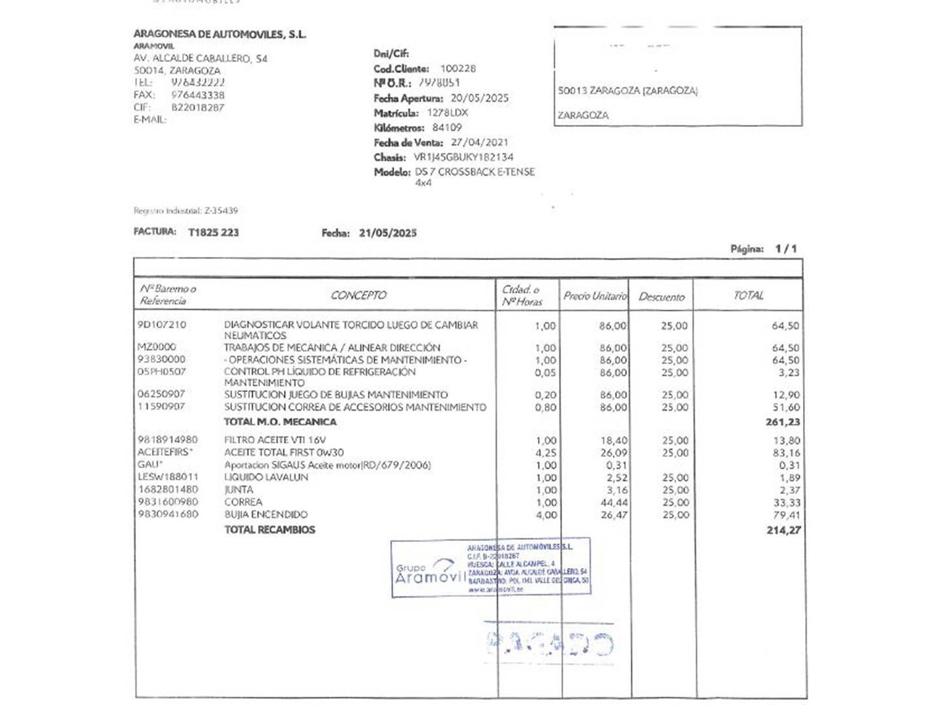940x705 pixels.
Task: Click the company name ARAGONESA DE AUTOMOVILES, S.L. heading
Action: tap(219, 35)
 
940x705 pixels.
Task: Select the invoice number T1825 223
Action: tap(213, 232)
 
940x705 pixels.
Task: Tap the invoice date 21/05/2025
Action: tap(388, 233)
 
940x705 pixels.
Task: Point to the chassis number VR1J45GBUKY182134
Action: tap(463, 157)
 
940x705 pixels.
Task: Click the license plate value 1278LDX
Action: tap(447, 113)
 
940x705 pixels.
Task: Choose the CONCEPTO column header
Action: tap(358, 295)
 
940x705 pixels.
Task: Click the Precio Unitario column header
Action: tap(595, 296)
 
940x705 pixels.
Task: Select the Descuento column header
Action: tap(661, 297)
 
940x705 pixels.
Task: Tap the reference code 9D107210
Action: tap(161, 324)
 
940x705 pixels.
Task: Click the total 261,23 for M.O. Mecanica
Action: tap(783, 422)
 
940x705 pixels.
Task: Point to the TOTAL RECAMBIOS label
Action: tap(270, 530)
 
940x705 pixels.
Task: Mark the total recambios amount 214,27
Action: tap(783, 531)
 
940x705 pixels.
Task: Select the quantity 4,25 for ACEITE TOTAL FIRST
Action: tap(546, 452)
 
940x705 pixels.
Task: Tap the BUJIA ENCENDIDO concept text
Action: tap(266, 515)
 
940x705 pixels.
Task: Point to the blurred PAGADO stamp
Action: tap(550, 644)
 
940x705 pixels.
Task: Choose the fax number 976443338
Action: tap(198, 95)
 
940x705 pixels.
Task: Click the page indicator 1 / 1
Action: tap(786, 249)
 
